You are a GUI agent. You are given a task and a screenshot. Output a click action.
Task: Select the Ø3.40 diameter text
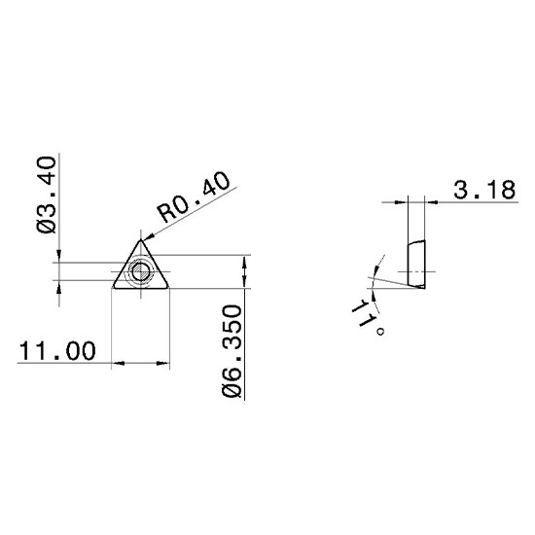[46, 195]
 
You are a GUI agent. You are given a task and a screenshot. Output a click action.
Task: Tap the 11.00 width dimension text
[57, 350]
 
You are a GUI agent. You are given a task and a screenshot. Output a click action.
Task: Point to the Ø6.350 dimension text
[232, 352]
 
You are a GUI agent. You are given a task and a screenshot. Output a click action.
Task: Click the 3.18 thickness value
[484, 190]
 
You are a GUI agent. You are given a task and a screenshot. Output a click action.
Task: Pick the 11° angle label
[368, 317]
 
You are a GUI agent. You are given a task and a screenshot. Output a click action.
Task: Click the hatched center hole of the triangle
[140, 272]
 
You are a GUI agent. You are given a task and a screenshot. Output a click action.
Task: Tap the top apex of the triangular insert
[141, 240]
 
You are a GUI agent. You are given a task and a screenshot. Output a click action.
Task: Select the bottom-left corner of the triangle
[114, 288]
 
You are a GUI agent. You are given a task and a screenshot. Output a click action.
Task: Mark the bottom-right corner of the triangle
[167, 288]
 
